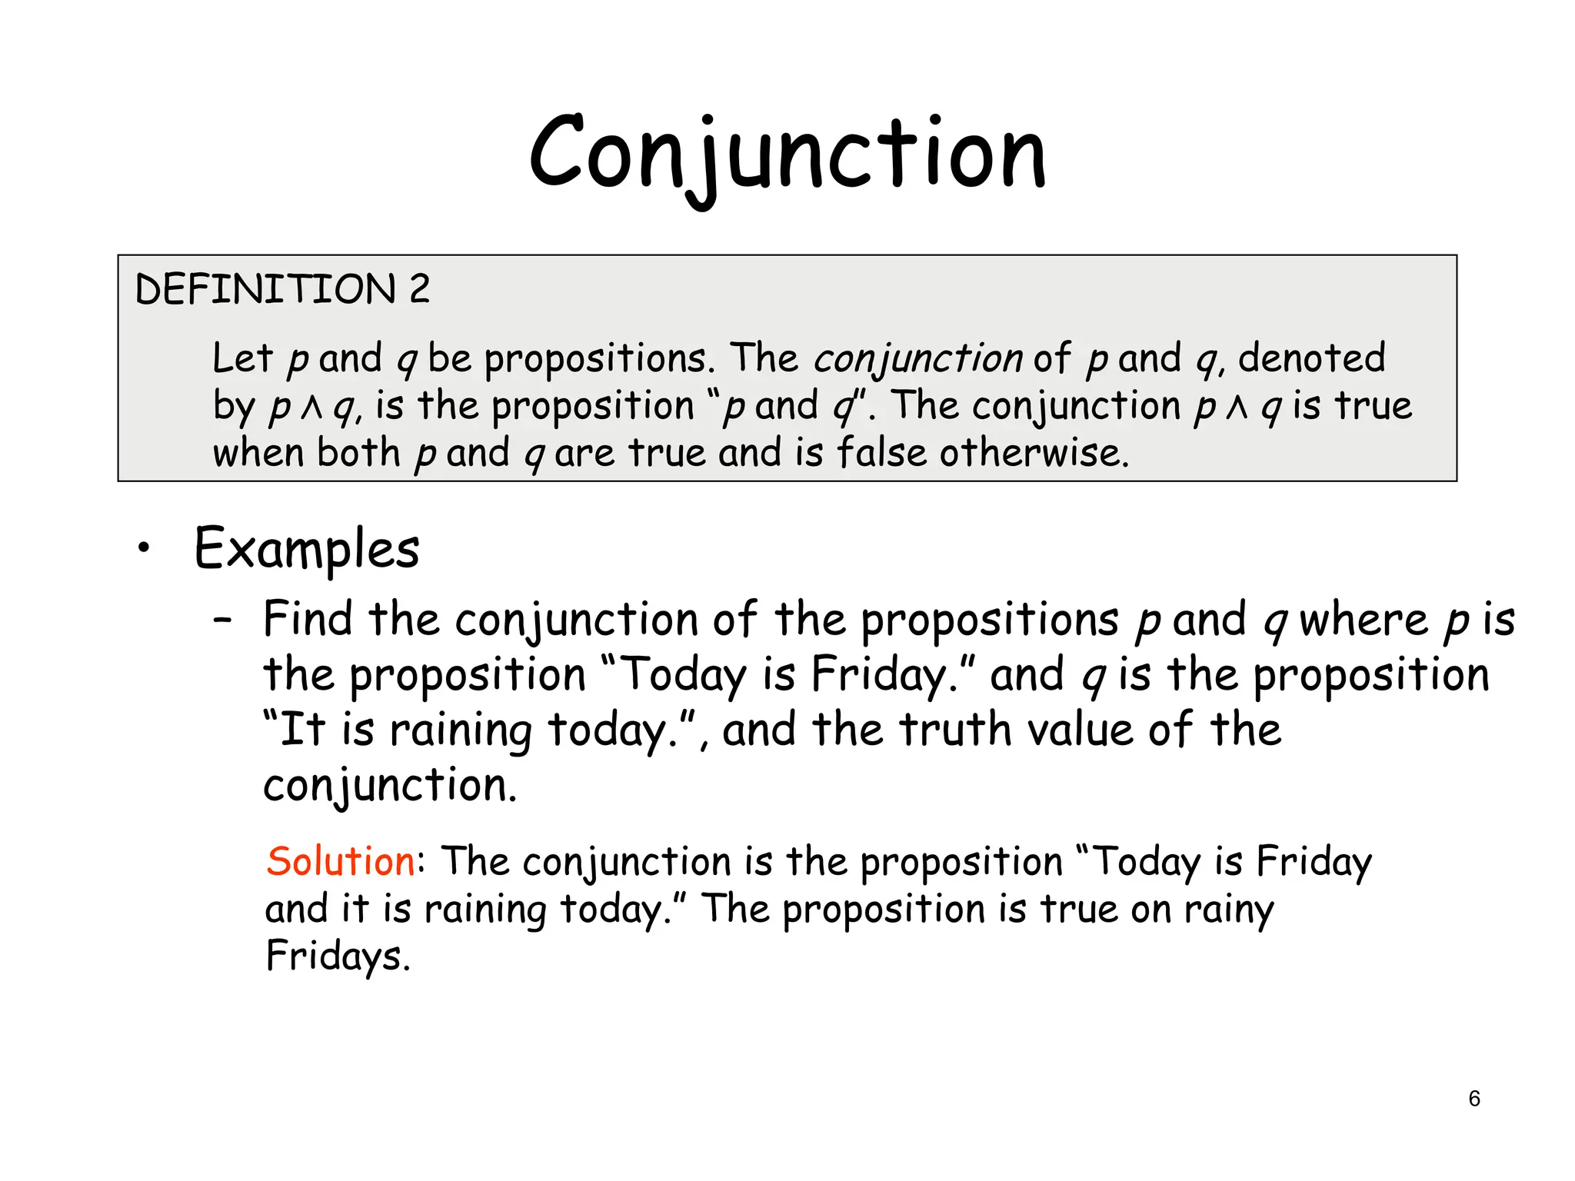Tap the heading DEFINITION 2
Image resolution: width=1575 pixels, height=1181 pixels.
pos(282,289)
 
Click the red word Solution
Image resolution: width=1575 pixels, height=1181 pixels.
pos(341,860)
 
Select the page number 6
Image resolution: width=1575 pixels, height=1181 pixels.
pos(1473,1099)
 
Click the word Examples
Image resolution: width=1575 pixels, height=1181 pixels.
pos(307,549)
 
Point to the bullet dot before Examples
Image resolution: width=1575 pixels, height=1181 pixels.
pos(143,548)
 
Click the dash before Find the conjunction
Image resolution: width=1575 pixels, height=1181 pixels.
pos(223,619)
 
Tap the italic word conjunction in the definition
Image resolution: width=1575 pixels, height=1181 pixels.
pos(917,359)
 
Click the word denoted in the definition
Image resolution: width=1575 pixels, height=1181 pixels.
pos(1311,358)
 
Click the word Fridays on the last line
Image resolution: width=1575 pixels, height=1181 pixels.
pos(337,956)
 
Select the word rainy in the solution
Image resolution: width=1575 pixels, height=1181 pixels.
pos(1229,910)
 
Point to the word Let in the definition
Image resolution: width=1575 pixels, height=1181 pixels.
pos(242,358)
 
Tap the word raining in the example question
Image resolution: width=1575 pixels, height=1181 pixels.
pos(461,730)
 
